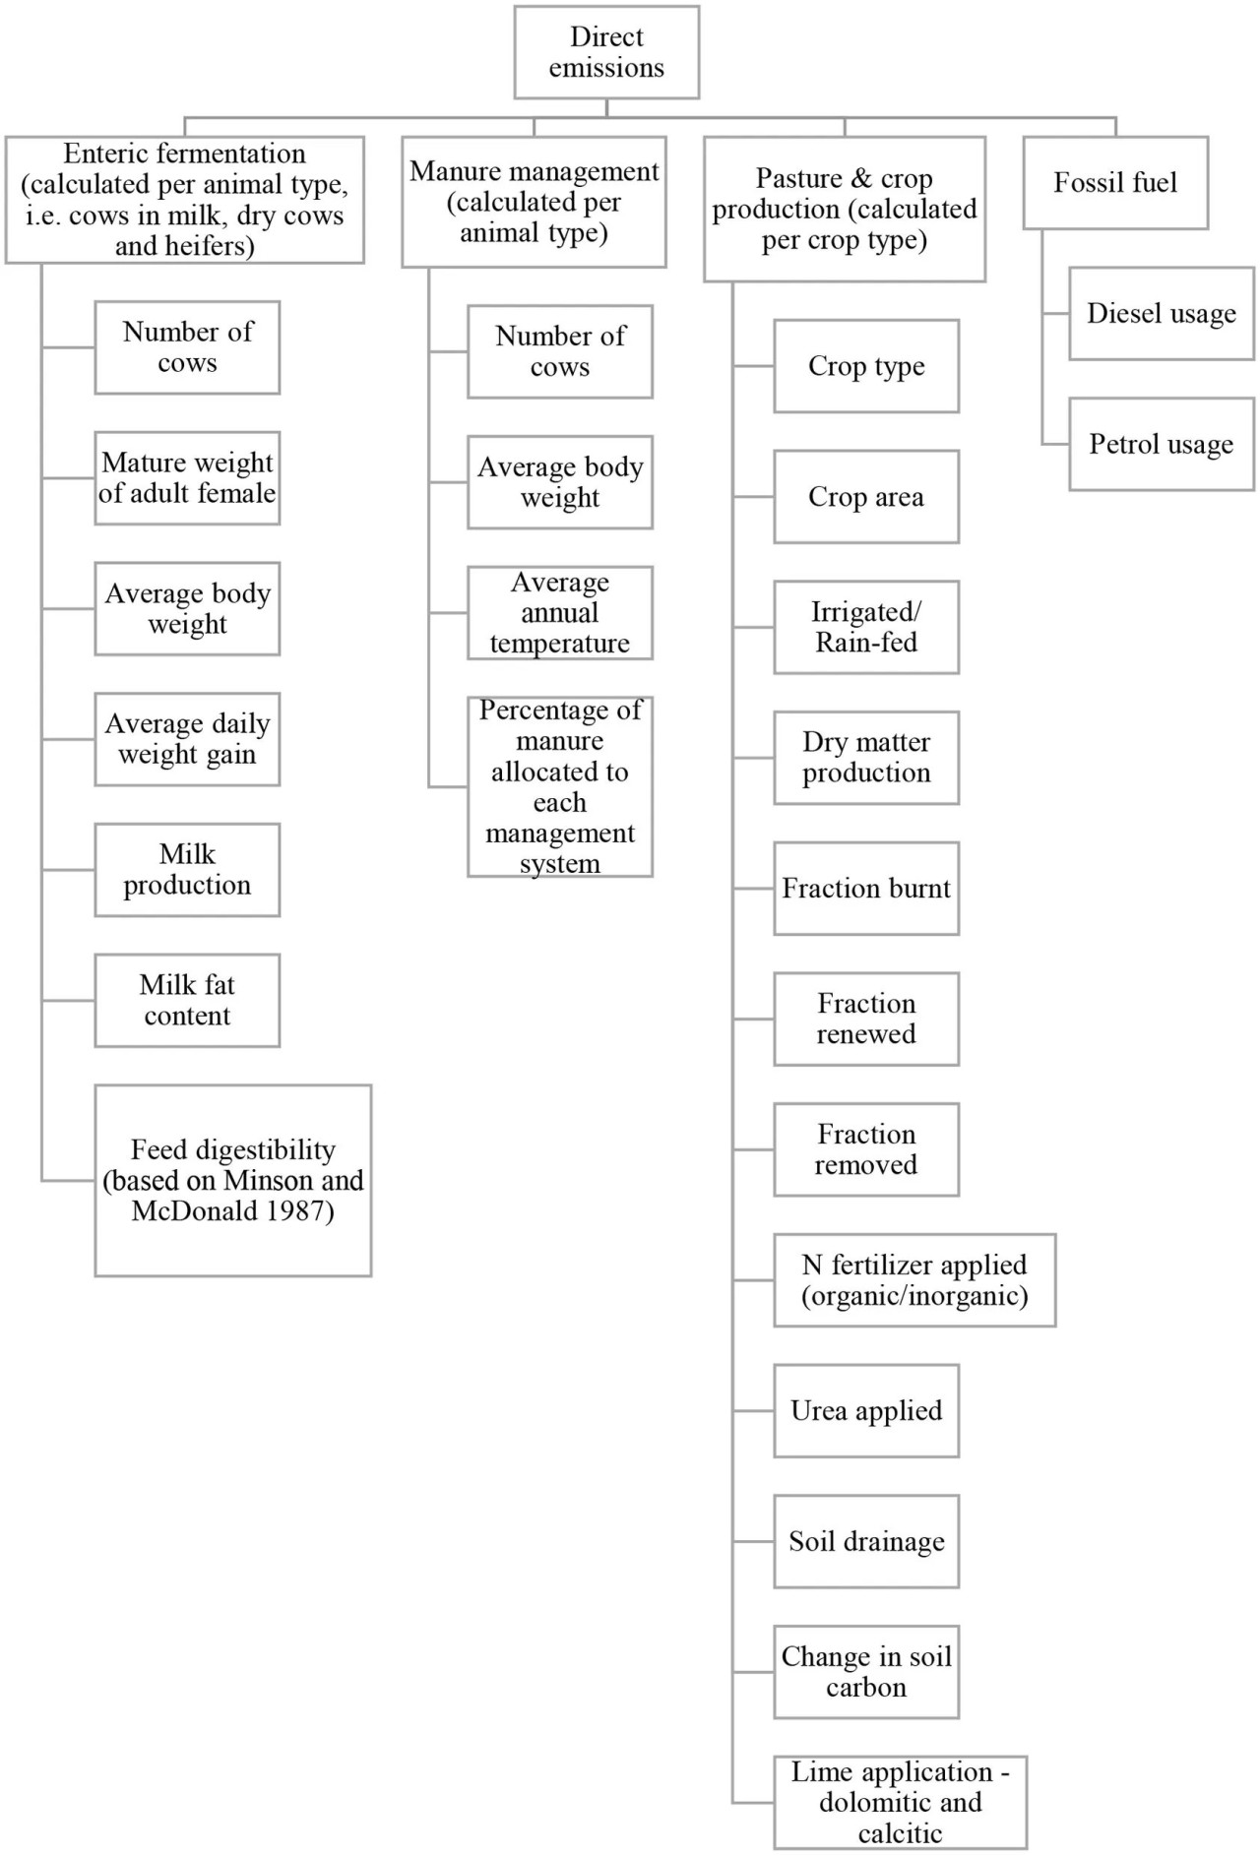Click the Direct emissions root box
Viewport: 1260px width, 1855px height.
tap(606, 52)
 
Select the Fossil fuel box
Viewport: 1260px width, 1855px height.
tap(1115, 183)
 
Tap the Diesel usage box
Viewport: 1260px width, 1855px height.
tap(1162, 313)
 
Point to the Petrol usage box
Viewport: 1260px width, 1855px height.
tap(1162, 444)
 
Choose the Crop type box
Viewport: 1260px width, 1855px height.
tap(866, 366)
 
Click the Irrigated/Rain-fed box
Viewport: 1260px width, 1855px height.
tap(866, 627)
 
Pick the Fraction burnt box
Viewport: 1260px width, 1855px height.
tap(866, 889)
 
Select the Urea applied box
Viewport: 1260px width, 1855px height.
tap(866, 1410)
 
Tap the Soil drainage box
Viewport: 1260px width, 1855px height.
tap(866, 1541)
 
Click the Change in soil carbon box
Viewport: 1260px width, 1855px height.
tap(866, 1672)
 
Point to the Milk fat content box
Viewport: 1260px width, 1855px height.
tap(187, 1000)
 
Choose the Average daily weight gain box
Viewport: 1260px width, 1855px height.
tap(187, 739)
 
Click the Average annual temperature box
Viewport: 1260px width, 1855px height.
tap(560, 612)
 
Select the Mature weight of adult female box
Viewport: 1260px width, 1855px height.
tap(187, 478)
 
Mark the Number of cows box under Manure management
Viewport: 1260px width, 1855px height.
tap(560, 351)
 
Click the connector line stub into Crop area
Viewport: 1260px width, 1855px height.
tap(754, 497)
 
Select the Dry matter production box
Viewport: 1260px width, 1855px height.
tap(866, 758)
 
